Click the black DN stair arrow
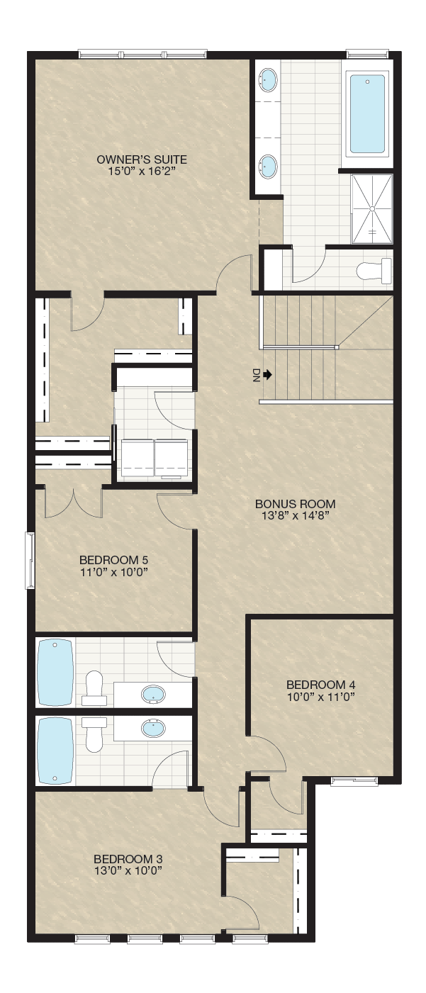267,376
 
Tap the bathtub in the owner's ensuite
367,114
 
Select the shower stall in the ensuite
372,209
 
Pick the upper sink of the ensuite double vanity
267,80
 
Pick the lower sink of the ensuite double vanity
267,167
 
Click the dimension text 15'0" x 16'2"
140,171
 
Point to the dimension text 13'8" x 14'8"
296,515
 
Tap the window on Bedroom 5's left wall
30,561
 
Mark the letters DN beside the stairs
256,376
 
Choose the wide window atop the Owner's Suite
142,54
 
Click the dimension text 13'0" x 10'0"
128,870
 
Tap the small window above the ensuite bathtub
369,54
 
